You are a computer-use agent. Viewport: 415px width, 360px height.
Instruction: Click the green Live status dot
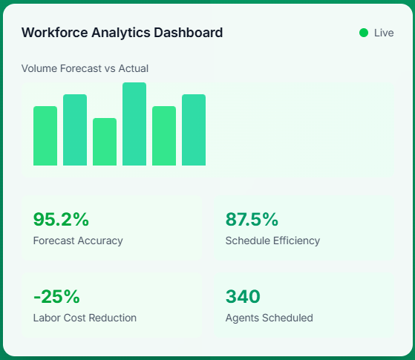click(364, 33)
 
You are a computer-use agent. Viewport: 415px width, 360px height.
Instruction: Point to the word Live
click(384, 33)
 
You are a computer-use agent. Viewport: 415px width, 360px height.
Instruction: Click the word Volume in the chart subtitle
click(38, 68)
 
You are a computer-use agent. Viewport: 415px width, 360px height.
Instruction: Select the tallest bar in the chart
click(134, 124)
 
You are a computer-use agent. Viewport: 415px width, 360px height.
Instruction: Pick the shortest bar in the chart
click(105, 142)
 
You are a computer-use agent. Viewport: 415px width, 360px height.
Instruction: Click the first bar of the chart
click(45, 136)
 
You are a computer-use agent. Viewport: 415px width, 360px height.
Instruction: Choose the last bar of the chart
click(194, 130)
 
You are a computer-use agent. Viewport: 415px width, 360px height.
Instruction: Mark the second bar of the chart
click(75, 130)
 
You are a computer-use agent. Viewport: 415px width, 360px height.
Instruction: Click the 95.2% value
click(61, 219)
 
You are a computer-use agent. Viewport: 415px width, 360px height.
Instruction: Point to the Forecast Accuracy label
click(78, 240)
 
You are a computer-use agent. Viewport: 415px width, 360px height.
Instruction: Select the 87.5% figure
click(252, 219)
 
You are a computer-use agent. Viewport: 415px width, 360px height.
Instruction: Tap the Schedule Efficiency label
click(272, 240)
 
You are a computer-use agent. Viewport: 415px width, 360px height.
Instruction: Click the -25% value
click(56, 296)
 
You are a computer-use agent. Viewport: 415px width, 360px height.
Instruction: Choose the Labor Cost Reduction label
click(85, 318)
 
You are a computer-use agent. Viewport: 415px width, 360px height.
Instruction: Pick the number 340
click(243, 296)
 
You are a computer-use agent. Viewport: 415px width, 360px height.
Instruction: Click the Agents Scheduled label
click(269, 318)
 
